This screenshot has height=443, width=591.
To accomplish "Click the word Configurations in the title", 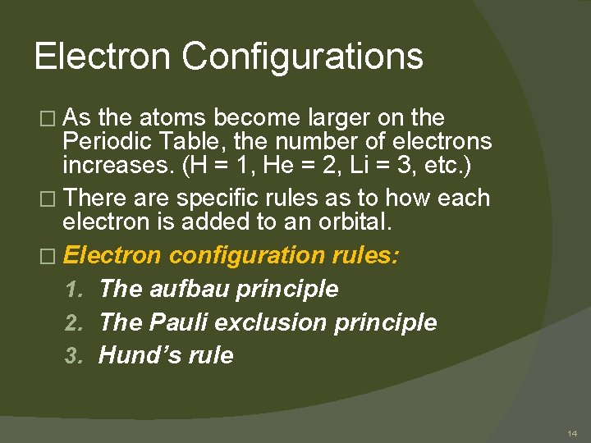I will [x=302, y=57].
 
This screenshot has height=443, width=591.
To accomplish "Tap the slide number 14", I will [x=571, y=432].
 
